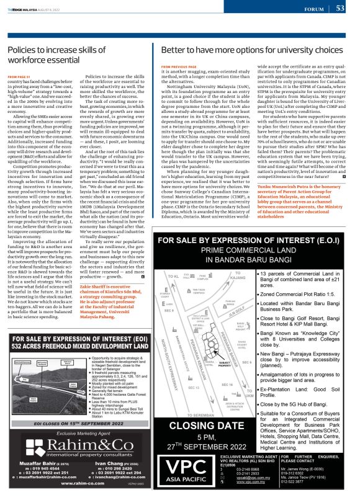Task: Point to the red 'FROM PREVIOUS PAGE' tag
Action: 178,65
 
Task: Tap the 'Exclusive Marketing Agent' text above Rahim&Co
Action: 78,400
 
